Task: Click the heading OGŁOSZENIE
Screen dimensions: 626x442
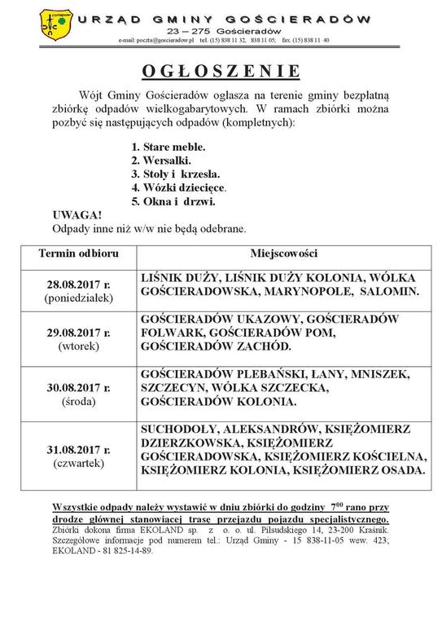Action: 221,70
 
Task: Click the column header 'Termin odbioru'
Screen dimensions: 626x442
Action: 79,253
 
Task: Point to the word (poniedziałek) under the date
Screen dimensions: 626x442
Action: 79,298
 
